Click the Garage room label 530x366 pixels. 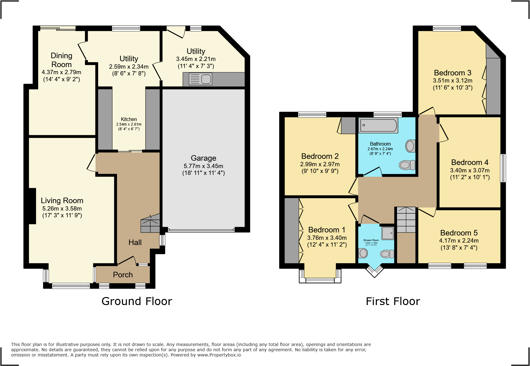(x=203, y=158)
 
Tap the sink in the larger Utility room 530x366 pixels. (x=200, y=79)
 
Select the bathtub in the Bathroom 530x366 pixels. (x=378, y=125)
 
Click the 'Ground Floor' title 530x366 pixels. (x=137, y=301)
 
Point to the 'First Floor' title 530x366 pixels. (x=393, y=301)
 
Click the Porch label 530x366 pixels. (x=123, y=275)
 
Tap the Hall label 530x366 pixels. (x=135, y=242)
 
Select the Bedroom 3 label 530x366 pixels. (x=452, y=73)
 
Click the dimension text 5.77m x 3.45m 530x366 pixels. (x=203, y=166)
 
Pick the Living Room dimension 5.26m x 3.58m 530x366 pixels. (x=62, y=208)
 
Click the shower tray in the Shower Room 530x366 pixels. (x=388, y=233)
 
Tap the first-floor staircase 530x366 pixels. (x=406, y=220)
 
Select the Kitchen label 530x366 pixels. (x=129, y=119)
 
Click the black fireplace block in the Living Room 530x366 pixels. (x=32, y=206)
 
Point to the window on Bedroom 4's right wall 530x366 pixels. (x=503, y=168)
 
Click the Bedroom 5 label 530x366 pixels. (x=459, y=233)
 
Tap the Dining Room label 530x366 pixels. (x=62, y=60)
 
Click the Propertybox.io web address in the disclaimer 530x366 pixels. (x=219, y=355)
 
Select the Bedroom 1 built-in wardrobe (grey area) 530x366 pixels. (x=291, y=231)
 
